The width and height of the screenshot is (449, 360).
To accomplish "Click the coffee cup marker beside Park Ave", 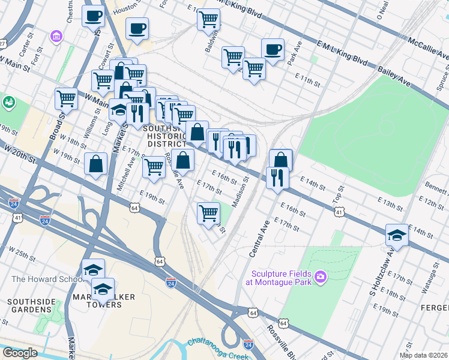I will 273,50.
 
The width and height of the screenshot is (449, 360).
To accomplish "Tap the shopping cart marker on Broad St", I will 66,98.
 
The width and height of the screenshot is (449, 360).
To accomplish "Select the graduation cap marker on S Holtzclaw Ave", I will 397,235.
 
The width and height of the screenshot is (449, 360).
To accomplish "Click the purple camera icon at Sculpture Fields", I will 321,275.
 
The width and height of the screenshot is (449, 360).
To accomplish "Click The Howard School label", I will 43,279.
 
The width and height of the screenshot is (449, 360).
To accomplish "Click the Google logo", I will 20,353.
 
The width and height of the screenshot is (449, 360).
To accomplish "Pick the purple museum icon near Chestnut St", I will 56,37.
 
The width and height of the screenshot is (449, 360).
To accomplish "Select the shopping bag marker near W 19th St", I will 96,164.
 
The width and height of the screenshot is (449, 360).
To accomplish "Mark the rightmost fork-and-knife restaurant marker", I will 277,177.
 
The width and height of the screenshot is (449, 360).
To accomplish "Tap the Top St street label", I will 340,194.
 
